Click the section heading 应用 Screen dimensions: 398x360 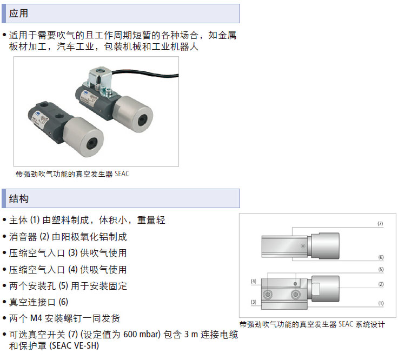[18, 13]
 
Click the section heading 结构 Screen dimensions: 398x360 [19, 198]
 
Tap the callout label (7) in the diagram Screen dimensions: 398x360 [380, 223]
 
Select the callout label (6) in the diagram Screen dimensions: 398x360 [381, 257]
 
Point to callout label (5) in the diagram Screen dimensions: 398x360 [381, 269]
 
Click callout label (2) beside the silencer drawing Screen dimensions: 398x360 [381, 284]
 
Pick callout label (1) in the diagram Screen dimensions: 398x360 [381, 303]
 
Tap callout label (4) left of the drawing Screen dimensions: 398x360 [253, 281]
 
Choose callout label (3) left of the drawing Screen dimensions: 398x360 [253, 302]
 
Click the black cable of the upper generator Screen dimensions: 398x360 [145, 74]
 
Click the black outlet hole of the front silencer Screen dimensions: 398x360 [91, 144]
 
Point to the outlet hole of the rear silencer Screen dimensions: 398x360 [143, 120]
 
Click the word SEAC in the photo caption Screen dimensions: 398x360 [122, 174]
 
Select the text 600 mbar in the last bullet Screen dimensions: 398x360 [142, 335]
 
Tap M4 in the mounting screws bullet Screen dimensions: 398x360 [36, 318]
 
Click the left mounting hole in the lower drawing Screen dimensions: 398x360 [268, 295]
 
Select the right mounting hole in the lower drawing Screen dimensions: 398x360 [295, 295]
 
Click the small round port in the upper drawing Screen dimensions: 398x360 [303, 246]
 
